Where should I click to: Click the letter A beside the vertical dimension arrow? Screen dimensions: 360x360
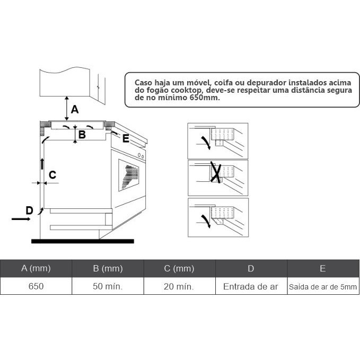[x=75, y=109]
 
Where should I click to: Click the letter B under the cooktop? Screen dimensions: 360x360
[x=82, y=135]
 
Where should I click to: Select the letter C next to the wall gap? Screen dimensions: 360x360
[x=52, y=175]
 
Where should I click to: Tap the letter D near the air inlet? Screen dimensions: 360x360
[x=29, y=210]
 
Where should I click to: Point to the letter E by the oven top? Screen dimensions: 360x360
[x=126, y=138]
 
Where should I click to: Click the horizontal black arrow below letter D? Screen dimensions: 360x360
[x=21, y=219]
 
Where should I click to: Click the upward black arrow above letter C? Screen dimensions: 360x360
[x=42, y=164]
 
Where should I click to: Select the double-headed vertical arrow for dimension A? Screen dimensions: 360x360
[x=67, y=108]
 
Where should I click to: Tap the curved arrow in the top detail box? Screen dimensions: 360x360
[x=206, y=143]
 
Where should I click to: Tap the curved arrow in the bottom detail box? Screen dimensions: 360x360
[x=206, y=221]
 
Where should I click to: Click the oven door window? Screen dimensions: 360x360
[x=128, y=175]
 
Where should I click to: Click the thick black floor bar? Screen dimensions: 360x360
[x=83, y=241]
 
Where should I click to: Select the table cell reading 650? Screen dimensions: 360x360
[x=36, y=286]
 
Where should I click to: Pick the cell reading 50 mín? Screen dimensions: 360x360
[x=108, y=286]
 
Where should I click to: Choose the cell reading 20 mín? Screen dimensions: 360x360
[x=180, y=286]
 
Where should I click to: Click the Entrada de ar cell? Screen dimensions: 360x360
[x=251, y=286]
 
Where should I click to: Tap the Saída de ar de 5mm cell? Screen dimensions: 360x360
[x=323, y=286]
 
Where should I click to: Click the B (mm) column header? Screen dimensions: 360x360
[x=108, y=268]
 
